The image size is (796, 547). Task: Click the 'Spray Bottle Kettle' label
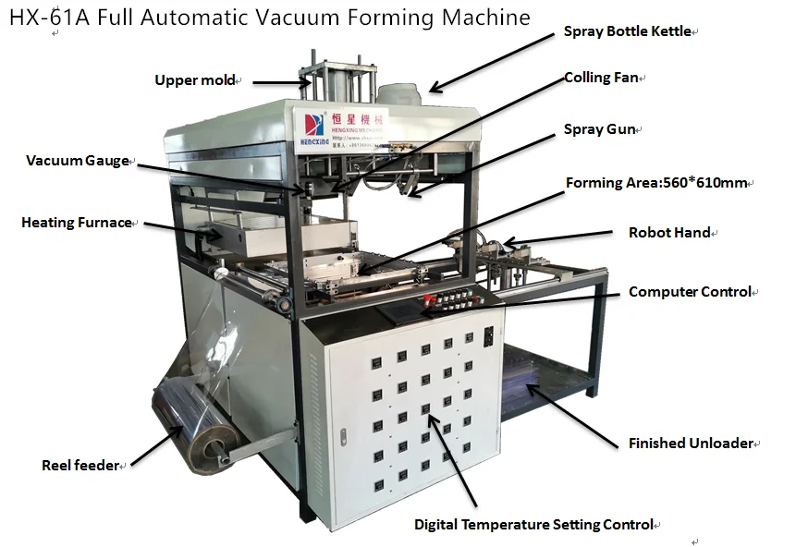tap(627, 31)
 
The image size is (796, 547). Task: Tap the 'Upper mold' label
tap(195, 80)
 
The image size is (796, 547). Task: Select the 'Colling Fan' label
tap(601, 78)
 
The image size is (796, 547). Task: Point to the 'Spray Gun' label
tap(599, 129)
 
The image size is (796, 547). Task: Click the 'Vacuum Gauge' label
tap(78, 161)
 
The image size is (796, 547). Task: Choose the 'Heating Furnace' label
tap(77, 223)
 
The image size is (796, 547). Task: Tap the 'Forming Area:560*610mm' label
tap(655, 182)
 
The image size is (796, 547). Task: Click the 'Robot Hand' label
tap(669, 233)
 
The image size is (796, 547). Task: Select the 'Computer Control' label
tap(689, 292)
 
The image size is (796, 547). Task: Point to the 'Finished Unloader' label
tap(691, 443)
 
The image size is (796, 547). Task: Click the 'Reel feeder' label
tap(80, 466)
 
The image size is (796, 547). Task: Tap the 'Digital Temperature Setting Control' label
tap(533, 525)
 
